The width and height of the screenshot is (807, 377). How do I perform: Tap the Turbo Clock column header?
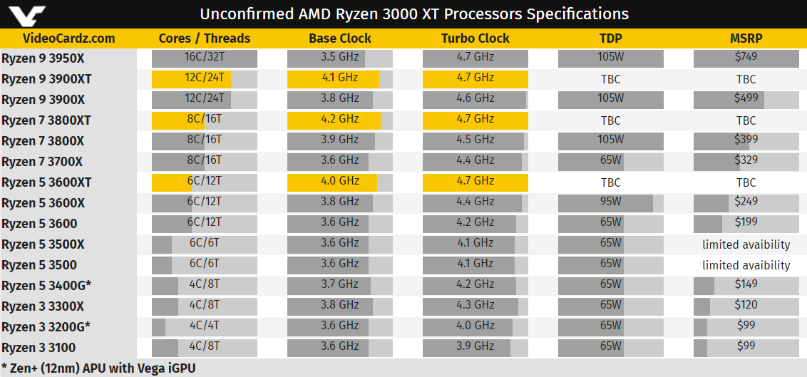(475, 38)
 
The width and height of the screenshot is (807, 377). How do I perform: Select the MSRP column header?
(746, 38)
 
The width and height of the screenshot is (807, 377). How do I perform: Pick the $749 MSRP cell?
(746, 58)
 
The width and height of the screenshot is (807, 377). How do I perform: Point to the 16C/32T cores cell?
(205, 58)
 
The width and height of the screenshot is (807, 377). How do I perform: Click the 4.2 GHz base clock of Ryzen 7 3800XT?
(339, 120)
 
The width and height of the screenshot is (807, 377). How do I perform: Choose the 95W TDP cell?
(611, 202)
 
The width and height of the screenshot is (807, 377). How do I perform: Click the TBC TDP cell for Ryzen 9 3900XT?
(611, 79)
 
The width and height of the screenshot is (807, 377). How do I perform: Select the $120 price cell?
(746, 306)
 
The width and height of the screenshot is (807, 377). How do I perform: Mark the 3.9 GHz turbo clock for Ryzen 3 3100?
(475, 347)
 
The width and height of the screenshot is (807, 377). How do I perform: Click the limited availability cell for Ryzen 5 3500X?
(746, 244)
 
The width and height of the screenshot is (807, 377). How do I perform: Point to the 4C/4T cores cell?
(205, 326)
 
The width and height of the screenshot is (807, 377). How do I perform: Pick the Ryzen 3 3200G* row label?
(47, 327)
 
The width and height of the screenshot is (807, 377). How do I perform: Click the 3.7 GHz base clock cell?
(339, 285)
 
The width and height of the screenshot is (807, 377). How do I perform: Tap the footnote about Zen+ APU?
(98, 368)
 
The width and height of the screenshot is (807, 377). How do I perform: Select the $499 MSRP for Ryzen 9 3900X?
(746, 99)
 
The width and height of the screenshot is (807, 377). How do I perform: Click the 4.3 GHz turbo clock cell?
(475, 306)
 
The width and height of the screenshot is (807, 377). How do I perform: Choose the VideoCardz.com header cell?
(68, 38)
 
